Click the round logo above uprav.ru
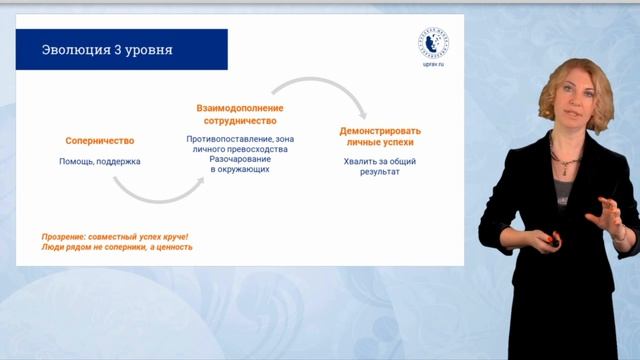[x=433, y=41]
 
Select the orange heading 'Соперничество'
[x=99, y=141]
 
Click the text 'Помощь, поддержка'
[x=99, y=160]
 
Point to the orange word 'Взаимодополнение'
[x=239, y=108]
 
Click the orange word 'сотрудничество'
[x=239, y=120]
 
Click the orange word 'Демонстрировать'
[x=380, y=131]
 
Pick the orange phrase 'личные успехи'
[x=380, y=143]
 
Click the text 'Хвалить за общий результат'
[x=380, y=166]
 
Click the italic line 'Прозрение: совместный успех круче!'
[x=114, y=236]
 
